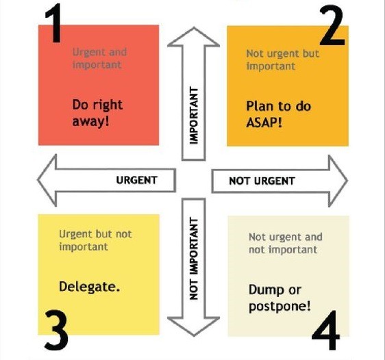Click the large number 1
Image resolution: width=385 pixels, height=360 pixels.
[x=53, y=23]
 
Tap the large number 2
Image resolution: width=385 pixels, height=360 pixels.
[x=332, y=25]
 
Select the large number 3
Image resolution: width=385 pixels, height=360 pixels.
[x=56, y=330]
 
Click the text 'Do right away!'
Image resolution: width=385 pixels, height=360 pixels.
[x=97, y=113]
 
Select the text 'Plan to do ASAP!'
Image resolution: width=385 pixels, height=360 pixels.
[x=278, y=114]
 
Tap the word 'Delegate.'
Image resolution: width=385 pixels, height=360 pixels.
[x=89, y=287]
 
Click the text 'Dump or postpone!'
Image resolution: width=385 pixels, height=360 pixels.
[x=280, y=298]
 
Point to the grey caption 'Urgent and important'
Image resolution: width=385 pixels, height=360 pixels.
[x=99, y=58]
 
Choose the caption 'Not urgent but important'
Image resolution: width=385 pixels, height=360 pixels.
[x=283, y=60]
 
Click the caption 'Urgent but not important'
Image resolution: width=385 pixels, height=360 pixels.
[x=95, y=240]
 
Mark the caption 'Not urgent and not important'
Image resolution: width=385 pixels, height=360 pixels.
[x=286, y=243]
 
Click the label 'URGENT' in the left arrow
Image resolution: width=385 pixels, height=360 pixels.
[x=136, y=180]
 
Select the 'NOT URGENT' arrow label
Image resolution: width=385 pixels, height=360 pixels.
[x=262, y=181]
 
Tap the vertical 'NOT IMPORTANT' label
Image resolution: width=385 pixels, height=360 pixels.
[x=194, y=259]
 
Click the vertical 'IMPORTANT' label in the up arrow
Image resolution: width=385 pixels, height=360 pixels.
[x=194, y=116]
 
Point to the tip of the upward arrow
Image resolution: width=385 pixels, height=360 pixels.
[x=194, y=27]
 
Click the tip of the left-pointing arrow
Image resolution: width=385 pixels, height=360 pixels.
[x=38, y=180]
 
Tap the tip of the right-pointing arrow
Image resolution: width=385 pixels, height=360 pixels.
[x=347, y=181]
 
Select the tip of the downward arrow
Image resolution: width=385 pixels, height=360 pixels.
[x=194, y=336]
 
